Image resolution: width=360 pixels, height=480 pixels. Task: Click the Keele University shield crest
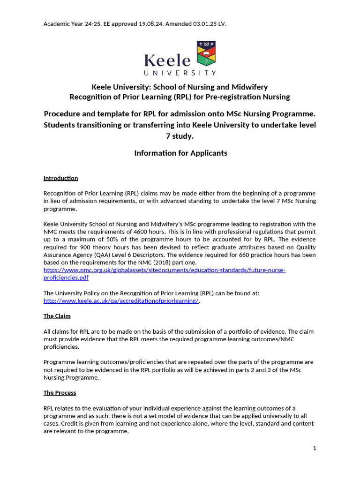[206, 54]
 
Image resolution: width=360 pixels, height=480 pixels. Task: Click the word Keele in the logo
[167, 60]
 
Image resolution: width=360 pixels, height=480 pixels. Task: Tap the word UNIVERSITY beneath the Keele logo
[180, 73]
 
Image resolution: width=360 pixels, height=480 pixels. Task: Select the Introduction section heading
[60, 178]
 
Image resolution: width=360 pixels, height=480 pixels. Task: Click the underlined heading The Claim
[57, 316]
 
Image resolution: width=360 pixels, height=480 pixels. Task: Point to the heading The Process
[60, 393]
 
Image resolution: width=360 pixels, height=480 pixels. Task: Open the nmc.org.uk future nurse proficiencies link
[164, 270]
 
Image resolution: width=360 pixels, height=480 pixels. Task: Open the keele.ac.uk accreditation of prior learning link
[121, 301]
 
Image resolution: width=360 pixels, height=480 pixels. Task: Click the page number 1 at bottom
[315, 449]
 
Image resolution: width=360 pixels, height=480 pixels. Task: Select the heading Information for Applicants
[180, 153]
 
